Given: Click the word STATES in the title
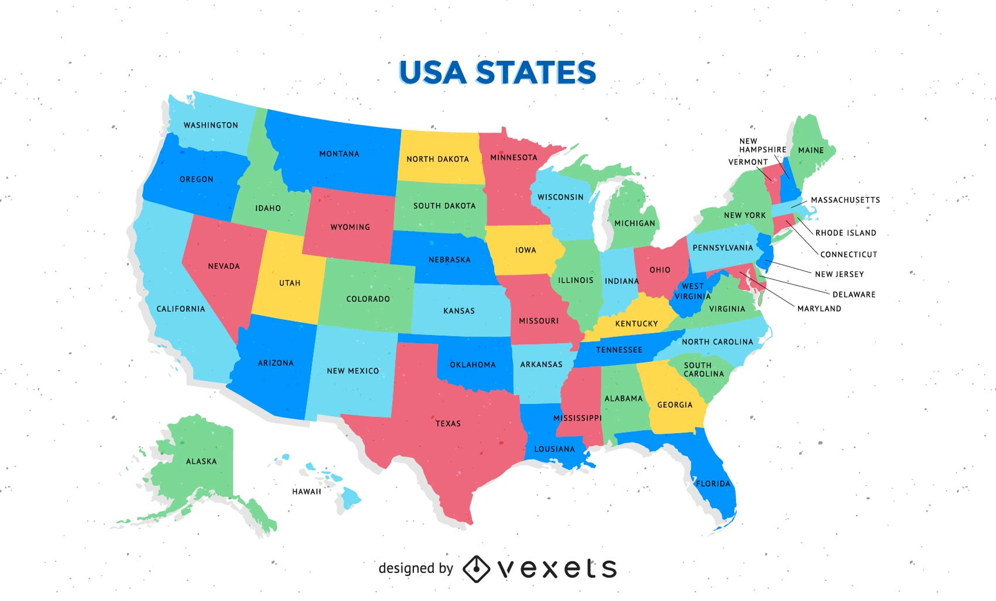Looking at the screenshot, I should click(536, 72).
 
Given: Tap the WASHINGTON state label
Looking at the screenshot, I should click(210, 125).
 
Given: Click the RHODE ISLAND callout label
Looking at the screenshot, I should click(845, 233).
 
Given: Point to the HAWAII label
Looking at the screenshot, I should click(306, 492).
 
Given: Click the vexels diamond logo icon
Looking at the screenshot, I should click(476, 568).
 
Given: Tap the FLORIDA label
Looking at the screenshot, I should click(713, 483).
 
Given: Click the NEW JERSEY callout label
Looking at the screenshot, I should click(839, 274).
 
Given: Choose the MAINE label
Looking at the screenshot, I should click(810, 150).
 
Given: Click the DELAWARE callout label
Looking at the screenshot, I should click(853, 294).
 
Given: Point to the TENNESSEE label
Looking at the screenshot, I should click(619, 350).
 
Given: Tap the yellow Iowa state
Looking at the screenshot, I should click(525, 250).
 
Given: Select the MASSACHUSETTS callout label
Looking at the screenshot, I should click(845, 200).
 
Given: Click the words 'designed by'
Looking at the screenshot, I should click(415, 568).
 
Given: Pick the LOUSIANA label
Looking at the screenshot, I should click(554, 449).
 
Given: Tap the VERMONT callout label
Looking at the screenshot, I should click(748, 162).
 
